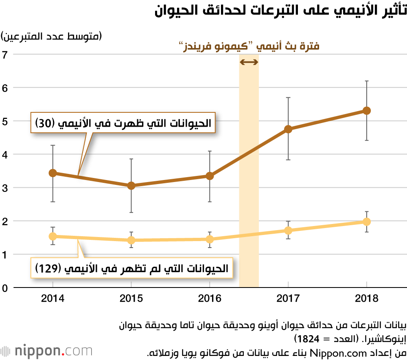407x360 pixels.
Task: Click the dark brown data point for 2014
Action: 53,173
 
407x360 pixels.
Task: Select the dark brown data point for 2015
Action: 131,186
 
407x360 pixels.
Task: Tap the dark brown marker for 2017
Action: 288,129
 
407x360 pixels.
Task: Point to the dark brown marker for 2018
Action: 367,111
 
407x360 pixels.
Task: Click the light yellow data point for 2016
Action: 210,239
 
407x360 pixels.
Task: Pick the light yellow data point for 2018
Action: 367,222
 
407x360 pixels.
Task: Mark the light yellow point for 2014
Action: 53,236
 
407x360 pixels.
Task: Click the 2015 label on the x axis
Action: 131,299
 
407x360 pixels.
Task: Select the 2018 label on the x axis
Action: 367,299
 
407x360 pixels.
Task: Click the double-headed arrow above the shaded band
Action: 249,62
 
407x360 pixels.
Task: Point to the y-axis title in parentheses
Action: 52,36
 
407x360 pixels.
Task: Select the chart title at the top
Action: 281,10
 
